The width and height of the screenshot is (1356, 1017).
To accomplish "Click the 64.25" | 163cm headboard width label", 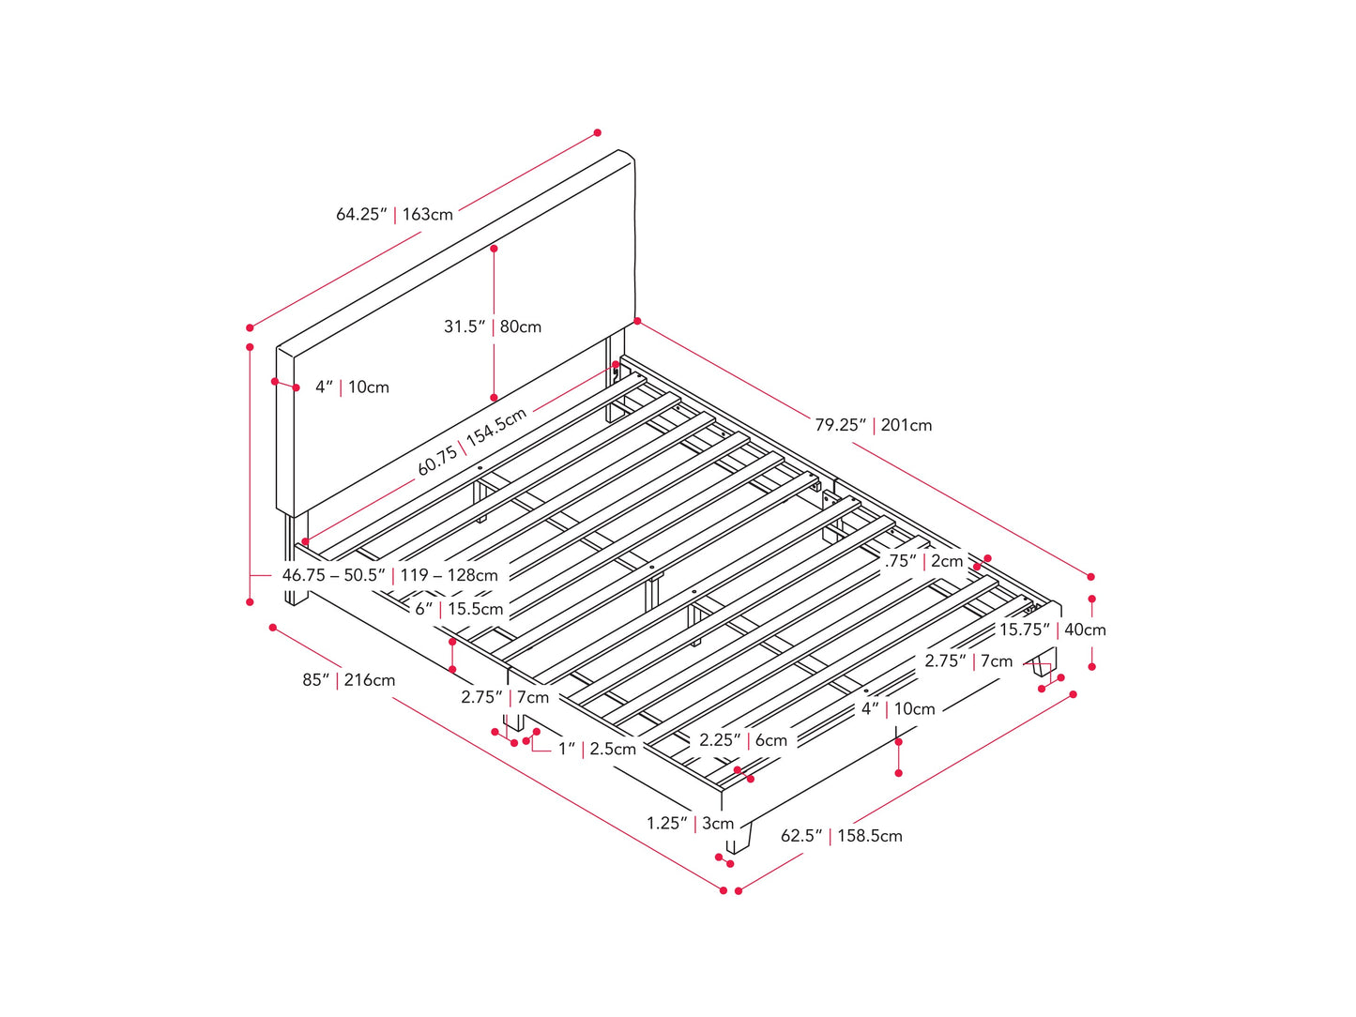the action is (394, 214).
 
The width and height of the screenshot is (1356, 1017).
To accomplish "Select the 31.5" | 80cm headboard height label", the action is (493, 326).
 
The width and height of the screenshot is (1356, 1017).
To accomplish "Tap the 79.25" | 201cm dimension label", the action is (873, 425).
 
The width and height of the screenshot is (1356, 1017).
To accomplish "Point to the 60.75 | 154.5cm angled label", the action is (472, 441).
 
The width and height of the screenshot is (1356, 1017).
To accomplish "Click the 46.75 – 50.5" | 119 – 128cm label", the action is (389, 575).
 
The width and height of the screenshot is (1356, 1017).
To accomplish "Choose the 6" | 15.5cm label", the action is (459, 609).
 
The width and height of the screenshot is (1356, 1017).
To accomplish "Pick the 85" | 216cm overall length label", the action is (348, 680).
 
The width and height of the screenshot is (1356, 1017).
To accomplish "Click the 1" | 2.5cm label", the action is (597, 749).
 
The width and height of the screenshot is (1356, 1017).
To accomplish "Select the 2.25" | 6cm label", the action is (743, 739).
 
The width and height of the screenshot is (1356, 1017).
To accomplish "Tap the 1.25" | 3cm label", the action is (690, 823).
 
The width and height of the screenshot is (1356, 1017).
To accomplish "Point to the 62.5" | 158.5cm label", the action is (842, 835).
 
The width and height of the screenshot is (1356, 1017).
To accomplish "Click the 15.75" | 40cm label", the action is (1053, 630).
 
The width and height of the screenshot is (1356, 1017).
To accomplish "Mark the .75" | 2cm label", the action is (923, 561).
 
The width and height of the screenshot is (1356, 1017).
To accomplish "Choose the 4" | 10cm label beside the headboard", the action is (352, 387).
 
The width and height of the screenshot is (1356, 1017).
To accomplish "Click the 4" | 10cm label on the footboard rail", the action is (898, 709).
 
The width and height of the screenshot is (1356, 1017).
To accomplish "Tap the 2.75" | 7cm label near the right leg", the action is (968, 660).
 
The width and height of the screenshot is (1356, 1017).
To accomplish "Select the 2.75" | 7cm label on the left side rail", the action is (505, 697).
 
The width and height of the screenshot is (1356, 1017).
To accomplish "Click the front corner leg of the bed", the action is (739, 837).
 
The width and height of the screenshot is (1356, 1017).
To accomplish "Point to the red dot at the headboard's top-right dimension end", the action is (598, 133).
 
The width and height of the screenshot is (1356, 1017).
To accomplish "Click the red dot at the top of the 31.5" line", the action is (494, 249).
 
